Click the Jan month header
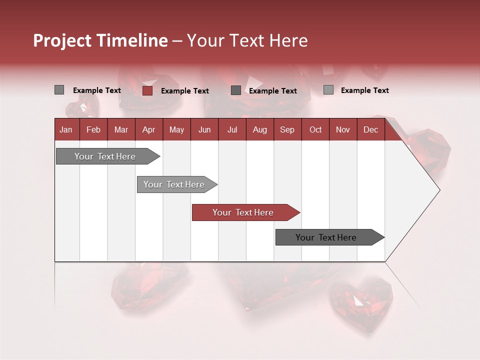(x=66, y=130)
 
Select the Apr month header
(x=148, y=130)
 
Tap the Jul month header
(x=232, y=130)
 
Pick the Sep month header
(x=287, y=130)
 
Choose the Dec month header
(x=370, y=130)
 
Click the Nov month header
(x=342, y=130)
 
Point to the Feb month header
(x=93, y=130)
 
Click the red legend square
(x=147, y=90)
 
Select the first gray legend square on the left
(x=59, y=90)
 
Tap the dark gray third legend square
(x=236, y=90)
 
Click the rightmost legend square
(x=328, y=90)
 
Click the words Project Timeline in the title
(x=100, y=40)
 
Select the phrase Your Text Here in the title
(x=247, y=40)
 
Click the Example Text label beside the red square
(x=185, y=91)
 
